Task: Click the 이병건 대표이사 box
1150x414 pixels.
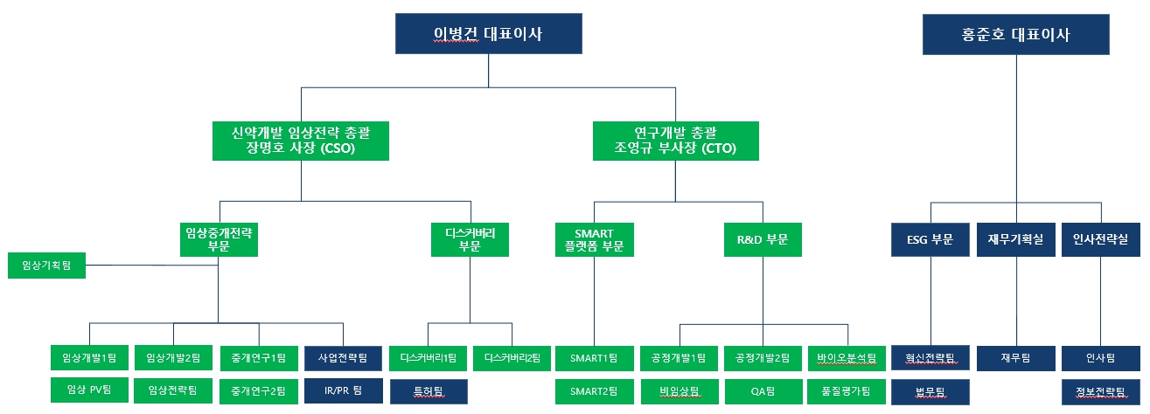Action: tap(488, 35)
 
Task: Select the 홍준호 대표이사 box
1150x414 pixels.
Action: tap(1015, 35)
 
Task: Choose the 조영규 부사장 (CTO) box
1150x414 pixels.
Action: tap(675, 140)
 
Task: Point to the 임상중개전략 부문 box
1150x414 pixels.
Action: tap(219, 239)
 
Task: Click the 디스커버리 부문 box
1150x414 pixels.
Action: tap(470, 239)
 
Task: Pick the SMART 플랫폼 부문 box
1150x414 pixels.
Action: tap(595, 239)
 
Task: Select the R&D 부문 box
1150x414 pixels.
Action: tap(763, 239)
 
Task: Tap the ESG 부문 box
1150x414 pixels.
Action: tap(930, 239)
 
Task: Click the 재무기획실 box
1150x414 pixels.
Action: tap(1015, 239)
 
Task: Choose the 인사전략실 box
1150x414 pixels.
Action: tap(1099, 239)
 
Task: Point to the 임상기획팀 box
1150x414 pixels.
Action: tap(47, 266)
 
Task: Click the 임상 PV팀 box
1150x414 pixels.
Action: tap(90, 390)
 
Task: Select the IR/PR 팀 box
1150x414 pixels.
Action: tap(344, 390)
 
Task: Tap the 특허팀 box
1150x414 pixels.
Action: tap(428, 390)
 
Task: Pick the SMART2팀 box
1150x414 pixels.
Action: tap(595, 390)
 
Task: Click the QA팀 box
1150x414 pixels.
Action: tap(763, 390)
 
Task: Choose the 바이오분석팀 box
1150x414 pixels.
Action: tap(847, 357)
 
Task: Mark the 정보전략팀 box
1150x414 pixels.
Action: tap(1099, 390)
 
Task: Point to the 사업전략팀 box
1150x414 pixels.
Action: tap(344, 357)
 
